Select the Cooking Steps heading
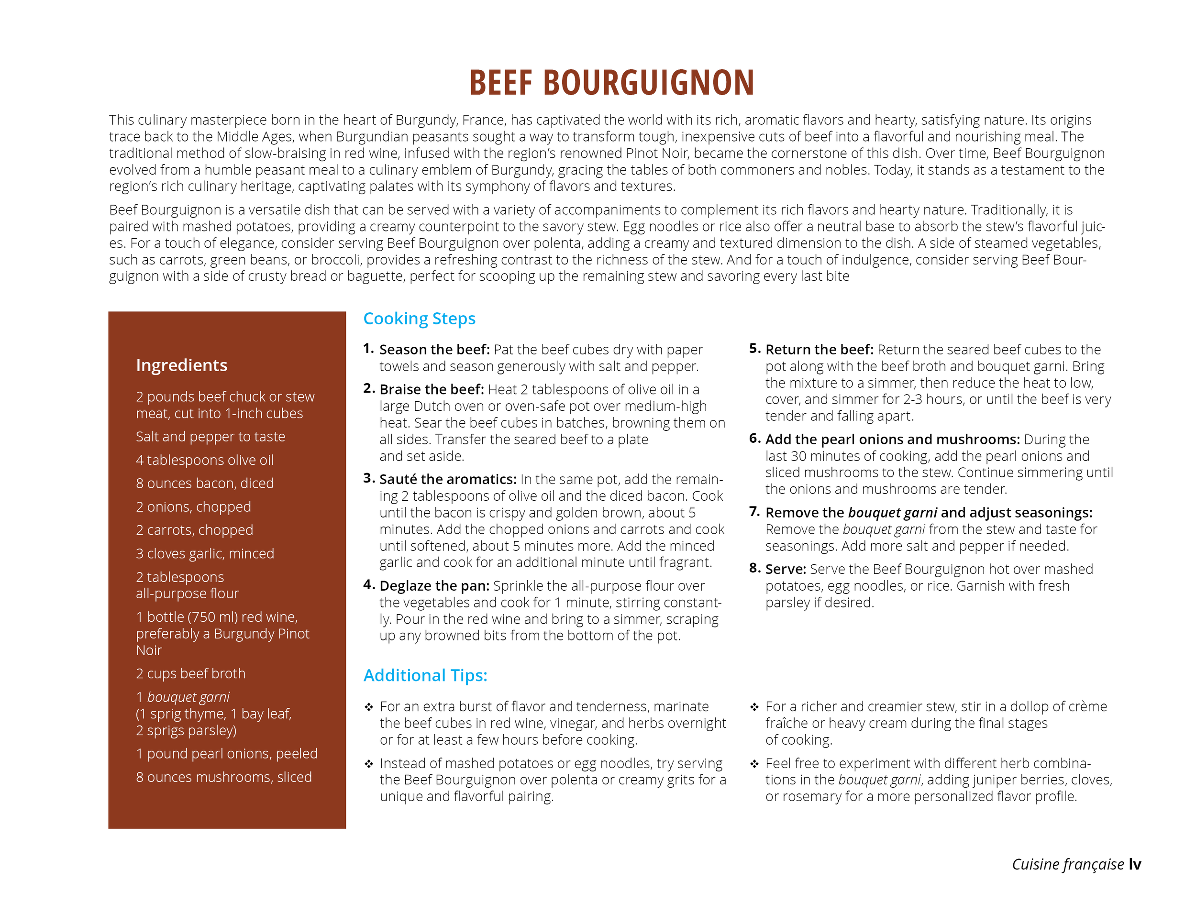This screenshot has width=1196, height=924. click(419, 319)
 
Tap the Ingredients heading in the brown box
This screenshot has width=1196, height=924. click(181, 365)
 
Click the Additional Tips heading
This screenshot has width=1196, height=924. click(425, 675)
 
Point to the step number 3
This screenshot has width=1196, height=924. click(368, 478)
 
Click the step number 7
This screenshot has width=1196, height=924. click(754, 511)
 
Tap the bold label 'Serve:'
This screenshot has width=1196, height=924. click(785, 569)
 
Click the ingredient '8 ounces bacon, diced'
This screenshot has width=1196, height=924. click(205, 484)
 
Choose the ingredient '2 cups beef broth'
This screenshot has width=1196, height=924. click(190, 673)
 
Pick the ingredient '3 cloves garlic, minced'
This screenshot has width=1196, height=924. click(205, 553)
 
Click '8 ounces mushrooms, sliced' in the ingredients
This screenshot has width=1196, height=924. click(223, 777)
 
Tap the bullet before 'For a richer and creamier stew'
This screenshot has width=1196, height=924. click(754, 707)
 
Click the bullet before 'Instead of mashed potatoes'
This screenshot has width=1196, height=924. click(369, 764)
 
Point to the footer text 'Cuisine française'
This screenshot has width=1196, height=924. click(1067, 864)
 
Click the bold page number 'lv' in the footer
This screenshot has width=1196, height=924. click(1135, 864)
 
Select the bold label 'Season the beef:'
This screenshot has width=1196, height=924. click(434, 349)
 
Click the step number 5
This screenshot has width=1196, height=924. click(754, 348)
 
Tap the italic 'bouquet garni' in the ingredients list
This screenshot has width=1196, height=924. click(188, 697)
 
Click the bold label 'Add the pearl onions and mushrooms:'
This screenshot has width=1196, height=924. click(892, 440)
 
